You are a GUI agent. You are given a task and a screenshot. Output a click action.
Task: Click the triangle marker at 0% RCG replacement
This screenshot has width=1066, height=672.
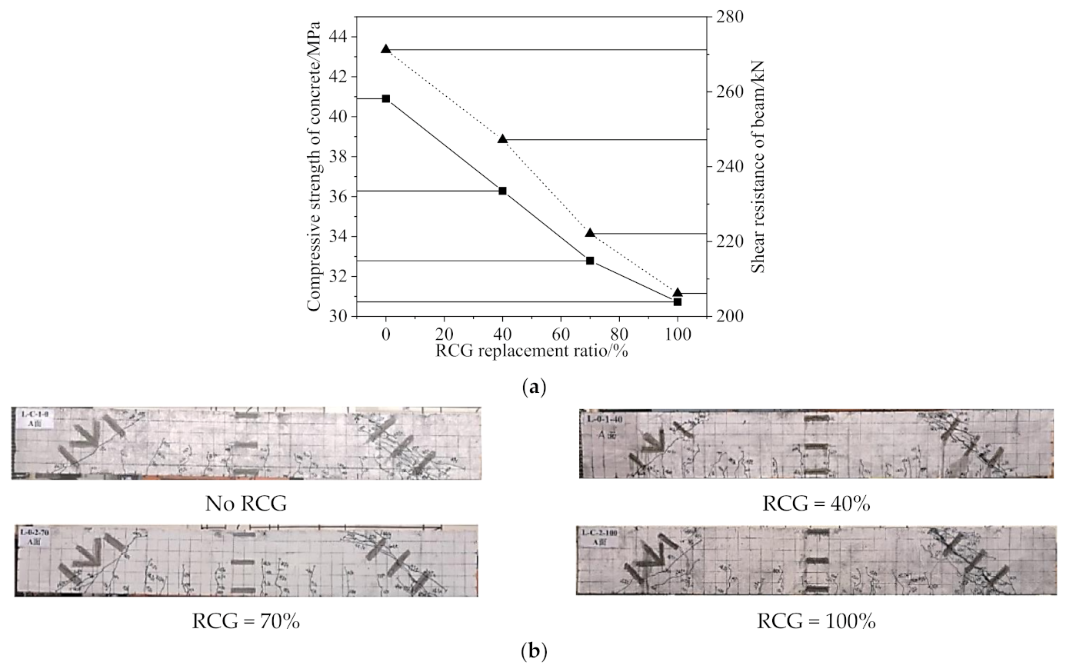(x=386, y=48)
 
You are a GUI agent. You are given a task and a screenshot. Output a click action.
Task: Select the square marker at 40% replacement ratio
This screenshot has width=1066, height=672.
(x=503, y=191)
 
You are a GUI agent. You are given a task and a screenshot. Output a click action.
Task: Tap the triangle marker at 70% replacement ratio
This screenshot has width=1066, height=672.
(x=590, y=232)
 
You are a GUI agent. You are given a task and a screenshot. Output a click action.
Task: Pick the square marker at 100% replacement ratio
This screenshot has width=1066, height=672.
(x=678, y=301)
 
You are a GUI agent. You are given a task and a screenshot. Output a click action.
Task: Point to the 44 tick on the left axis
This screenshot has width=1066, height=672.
(x=336, y=37)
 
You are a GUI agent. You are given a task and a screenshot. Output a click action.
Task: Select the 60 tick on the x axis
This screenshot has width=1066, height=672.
(x=561, y=334)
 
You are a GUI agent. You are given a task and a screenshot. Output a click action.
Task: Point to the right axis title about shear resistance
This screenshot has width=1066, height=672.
(x=758, y=165)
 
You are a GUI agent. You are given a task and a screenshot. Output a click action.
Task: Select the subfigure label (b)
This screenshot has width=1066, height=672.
(x=533, y=653)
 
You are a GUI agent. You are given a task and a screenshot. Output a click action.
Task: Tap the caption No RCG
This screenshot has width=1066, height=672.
(x=245, y=504)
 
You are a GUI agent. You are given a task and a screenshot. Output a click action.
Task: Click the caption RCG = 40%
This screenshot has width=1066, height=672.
(x=816, y=504)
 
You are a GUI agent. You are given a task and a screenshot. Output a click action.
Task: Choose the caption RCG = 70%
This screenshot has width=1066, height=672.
(x=245, y=620)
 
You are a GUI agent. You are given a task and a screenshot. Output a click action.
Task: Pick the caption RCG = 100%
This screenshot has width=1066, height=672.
(x=816, y=620)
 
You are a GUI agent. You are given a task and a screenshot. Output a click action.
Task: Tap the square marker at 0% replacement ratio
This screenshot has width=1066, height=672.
(x=386, y=98)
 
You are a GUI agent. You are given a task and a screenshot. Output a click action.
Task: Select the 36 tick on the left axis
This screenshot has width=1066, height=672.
(x=336, y=197)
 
